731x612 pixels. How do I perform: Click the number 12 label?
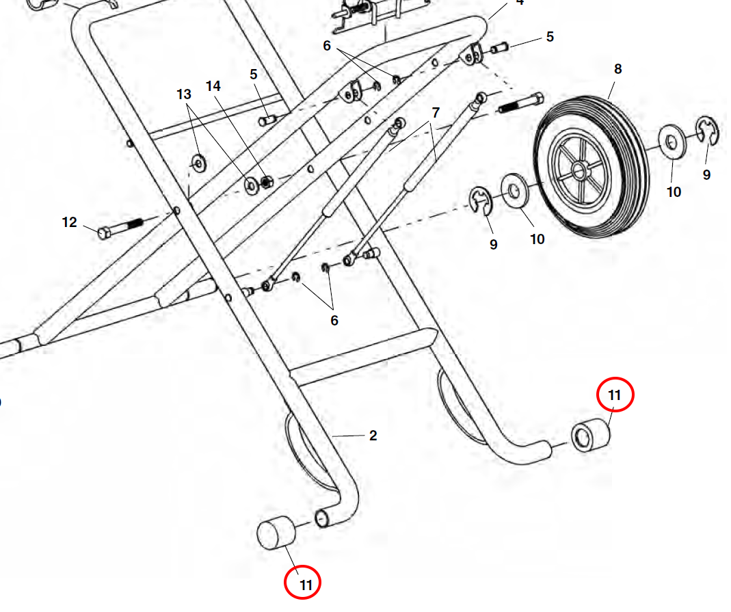70,222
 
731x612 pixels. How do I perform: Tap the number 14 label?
213,86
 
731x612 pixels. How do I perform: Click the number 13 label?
184,94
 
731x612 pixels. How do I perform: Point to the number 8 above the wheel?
617,69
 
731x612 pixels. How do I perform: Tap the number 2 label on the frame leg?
373,436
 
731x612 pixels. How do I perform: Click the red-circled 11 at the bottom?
303,585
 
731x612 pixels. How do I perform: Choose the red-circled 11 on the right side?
615,395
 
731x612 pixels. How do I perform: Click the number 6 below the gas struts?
334,320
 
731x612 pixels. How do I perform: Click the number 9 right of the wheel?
706,174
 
